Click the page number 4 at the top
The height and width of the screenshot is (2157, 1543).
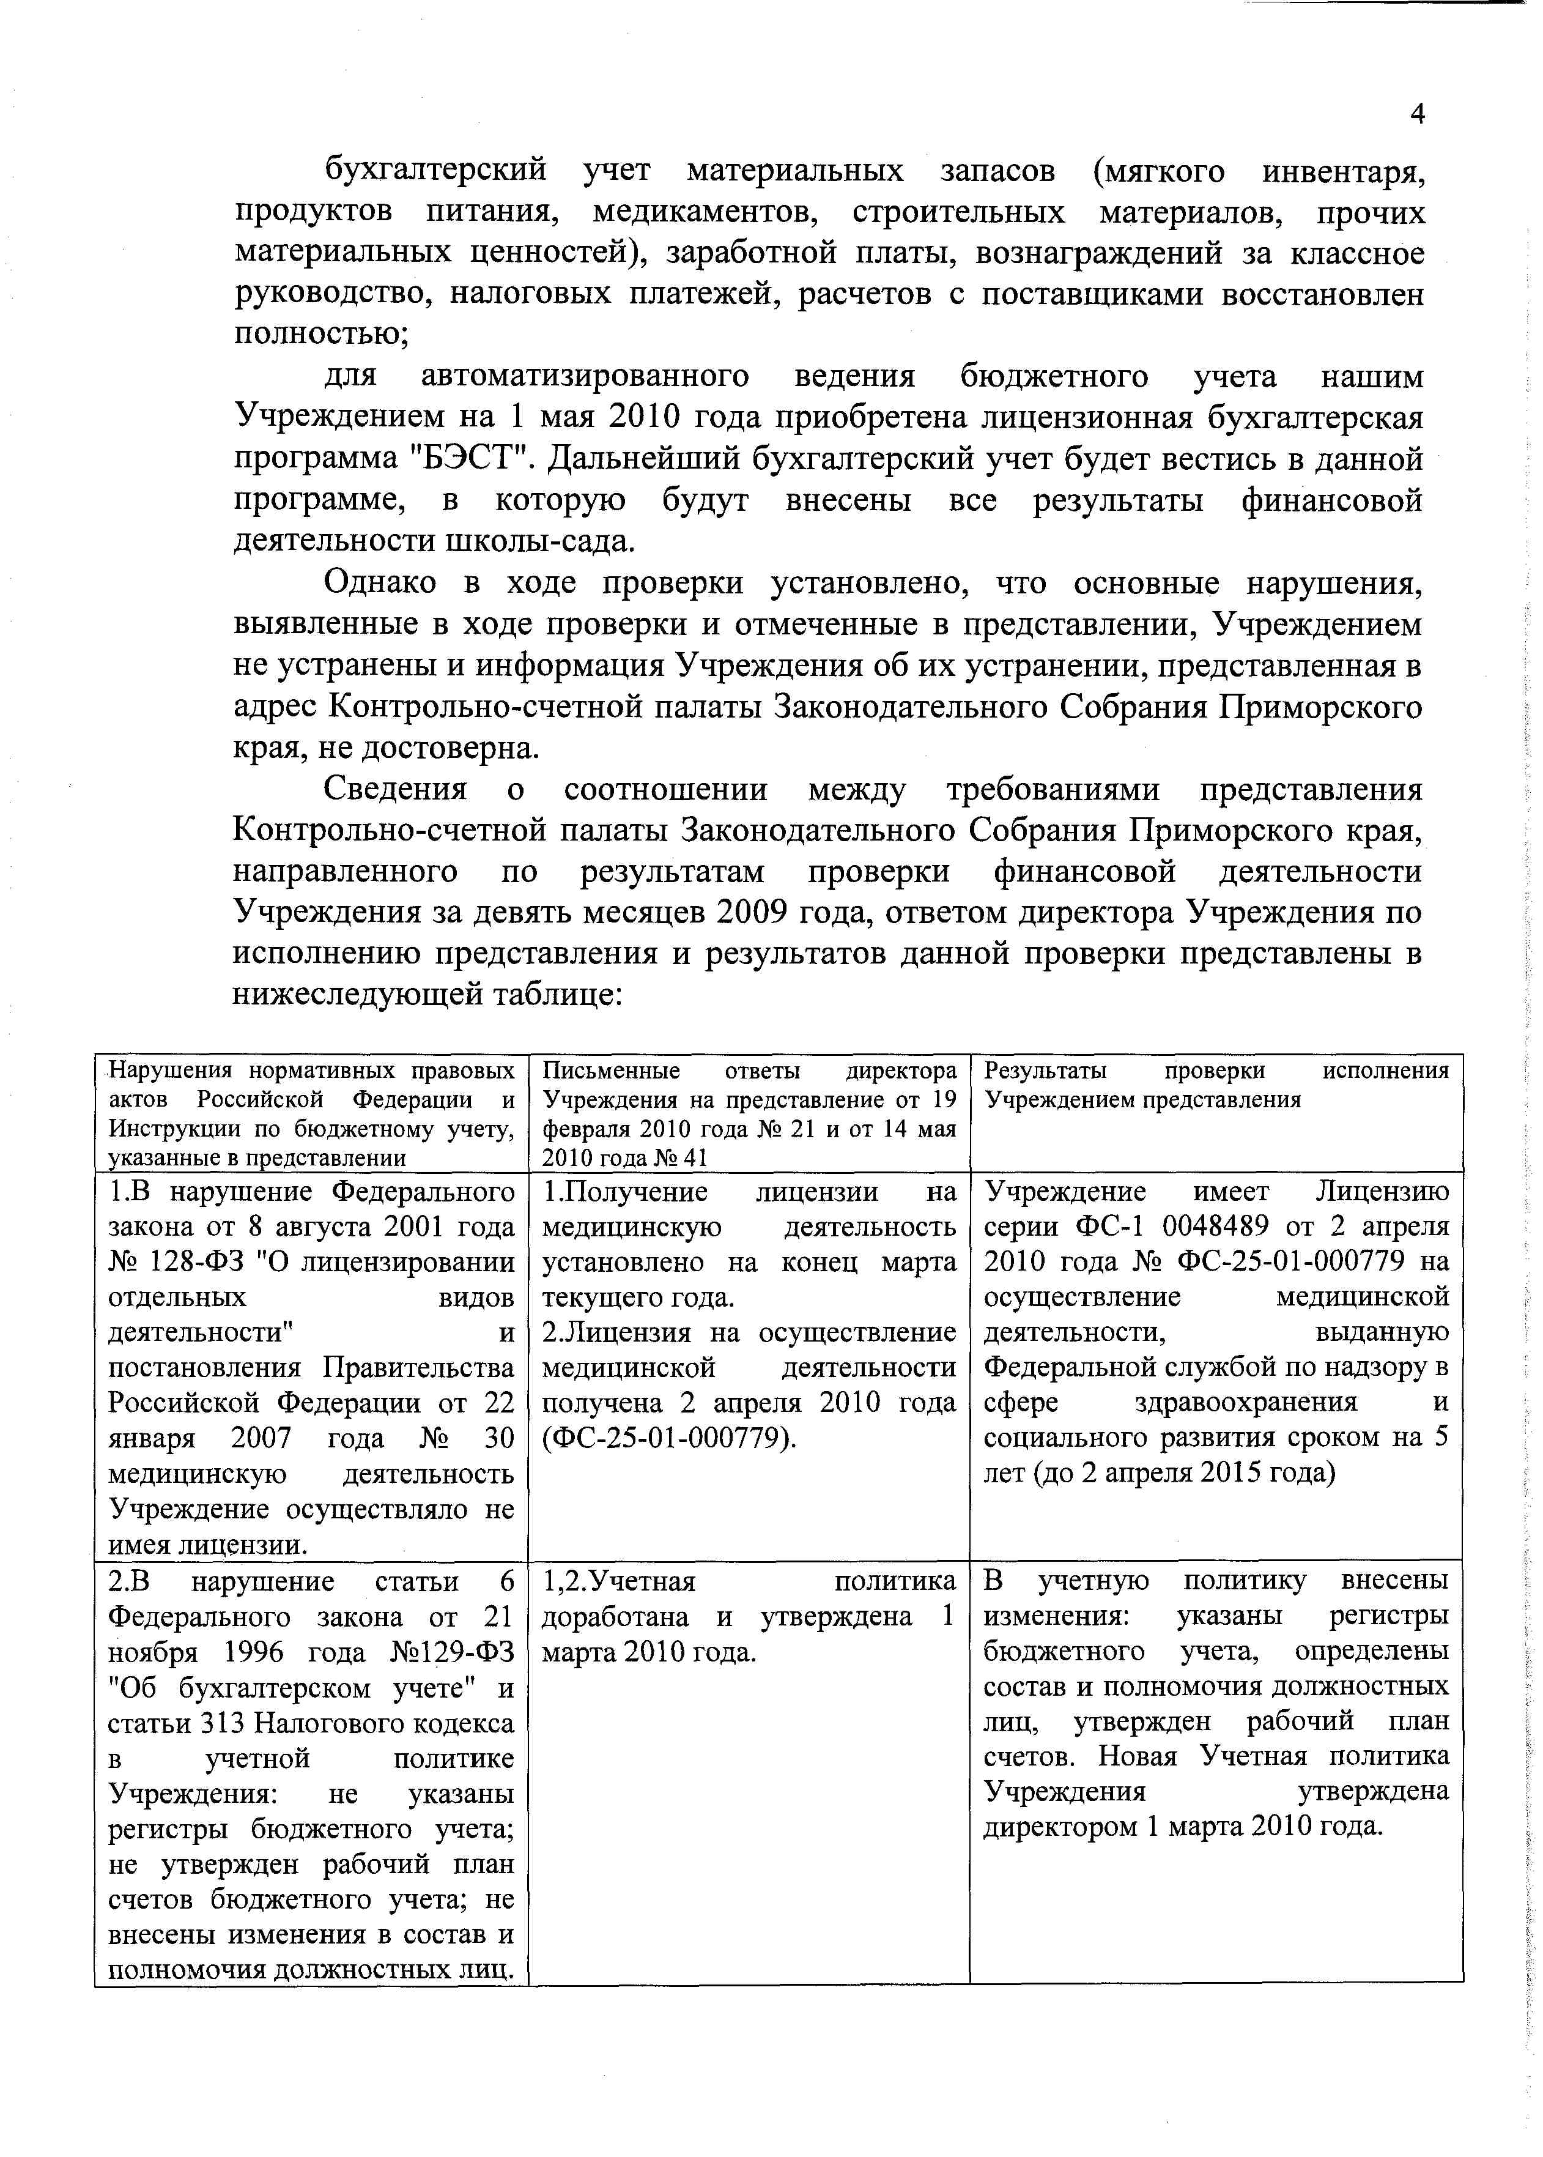point(1416,114)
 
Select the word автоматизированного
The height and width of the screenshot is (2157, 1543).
point(584,377)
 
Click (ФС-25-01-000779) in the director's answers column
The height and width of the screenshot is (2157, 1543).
point(669,1439)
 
